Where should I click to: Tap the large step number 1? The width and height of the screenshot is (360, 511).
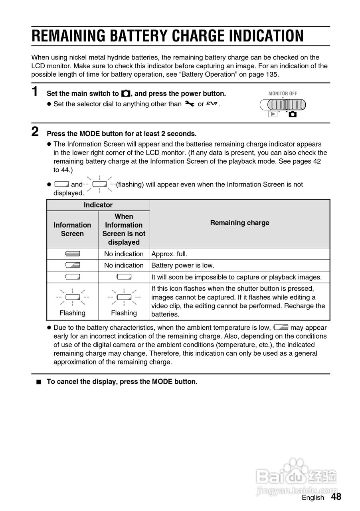[35, 91]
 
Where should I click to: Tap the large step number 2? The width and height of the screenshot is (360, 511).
[35, 131]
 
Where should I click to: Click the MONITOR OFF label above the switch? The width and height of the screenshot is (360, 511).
[283, 93]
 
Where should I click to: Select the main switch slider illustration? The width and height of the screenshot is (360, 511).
[283, 105]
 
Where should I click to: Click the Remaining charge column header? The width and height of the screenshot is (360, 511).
[239, 223]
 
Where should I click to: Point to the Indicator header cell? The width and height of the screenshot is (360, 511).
[98, 205]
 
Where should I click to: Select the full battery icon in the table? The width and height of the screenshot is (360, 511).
[73, 254]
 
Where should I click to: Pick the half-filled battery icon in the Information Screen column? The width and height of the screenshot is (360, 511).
[73, 265]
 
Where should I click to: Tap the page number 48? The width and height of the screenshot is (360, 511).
[336, 497]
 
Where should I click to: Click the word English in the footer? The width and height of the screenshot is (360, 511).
[313, 497]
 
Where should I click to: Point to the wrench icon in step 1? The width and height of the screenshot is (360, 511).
[189, 104]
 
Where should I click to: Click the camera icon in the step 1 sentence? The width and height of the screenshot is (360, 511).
[125, 94]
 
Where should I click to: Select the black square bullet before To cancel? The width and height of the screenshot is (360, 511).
[39, 382]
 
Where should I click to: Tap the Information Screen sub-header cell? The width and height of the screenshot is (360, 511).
[72, 230]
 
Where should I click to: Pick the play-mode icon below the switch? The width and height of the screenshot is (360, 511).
[273, 114]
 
